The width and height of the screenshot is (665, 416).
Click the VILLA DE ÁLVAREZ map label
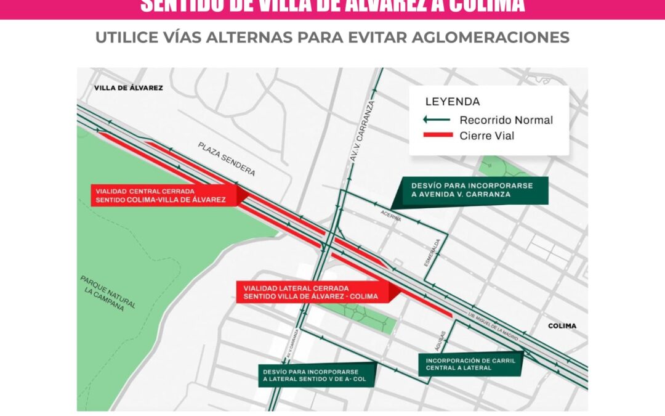tap(128, 88)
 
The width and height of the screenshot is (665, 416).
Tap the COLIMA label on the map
tap(561, 325)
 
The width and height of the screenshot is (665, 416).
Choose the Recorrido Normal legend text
tap(506, 120)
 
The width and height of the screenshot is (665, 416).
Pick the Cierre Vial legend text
tap(487, 136)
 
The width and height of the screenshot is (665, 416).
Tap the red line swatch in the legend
tap(437, 136)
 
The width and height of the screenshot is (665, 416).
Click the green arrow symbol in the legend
tap(437, 120)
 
